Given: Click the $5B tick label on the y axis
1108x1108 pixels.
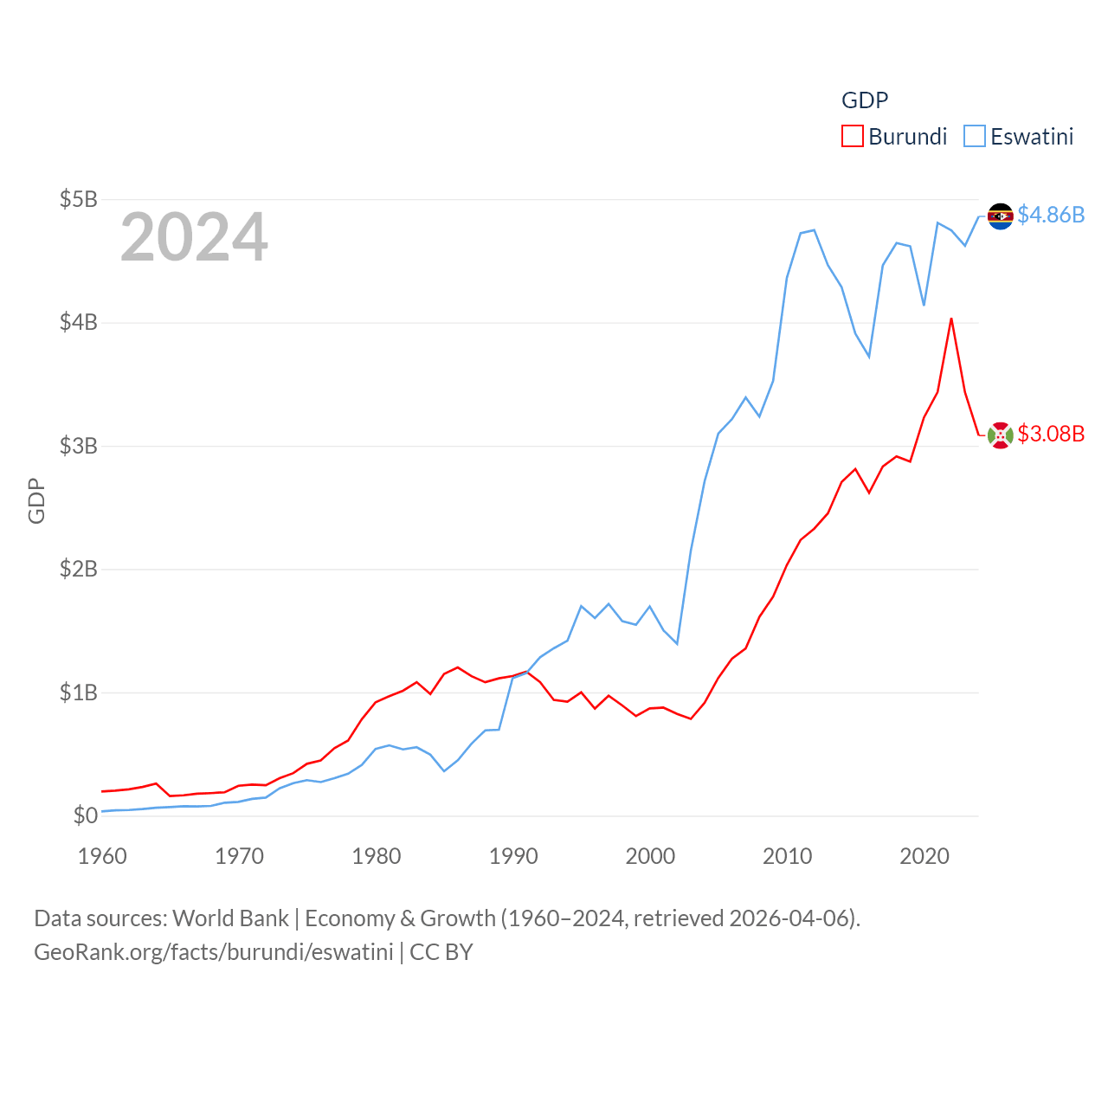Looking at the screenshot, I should point(78,199).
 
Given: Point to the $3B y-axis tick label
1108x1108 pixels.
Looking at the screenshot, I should point(78,446).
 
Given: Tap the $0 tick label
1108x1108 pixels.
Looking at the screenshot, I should point(85,815).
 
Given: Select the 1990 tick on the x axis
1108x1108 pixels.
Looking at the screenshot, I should point(513,856).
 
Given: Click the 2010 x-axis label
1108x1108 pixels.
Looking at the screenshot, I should point(787,856).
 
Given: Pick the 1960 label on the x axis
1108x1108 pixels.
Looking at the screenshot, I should point(102,856).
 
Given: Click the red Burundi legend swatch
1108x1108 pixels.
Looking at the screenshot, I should point(853,137).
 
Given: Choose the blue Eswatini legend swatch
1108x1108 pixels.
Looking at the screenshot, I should point(975,137).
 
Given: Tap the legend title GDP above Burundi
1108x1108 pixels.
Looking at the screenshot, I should point(865,100).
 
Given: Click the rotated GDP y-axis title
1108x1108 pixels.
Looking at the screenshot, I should point(36,500).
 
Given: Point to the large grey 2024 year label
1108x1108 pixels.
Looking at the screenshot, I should point(194,237).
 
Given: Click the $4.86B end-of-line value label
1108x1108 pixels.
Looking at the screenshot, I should point(1051,215).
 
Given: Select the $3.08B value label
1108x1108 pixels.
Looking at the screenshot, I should point(1051,434).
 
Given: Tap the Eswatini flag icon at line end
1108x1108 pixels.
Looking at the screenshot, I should point(1001,216).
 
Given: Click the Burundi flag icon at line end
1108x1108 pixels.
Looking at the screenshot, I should point(1001,435).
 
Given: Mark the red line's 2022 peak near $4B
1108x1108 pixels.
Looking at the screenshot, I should point(951,319).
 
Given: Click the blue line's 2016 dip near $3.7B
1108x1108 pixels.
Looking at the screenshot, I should point(868,357).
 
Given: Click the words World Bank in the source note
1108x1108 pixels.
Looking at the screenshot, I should point(230,918).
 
